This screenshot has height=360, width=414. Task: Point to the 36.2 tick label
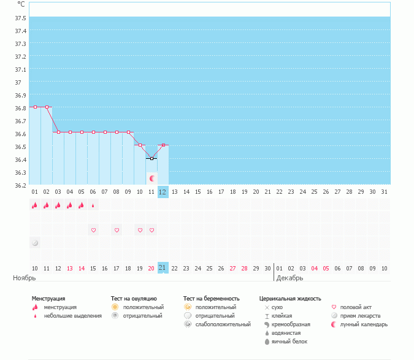[x=20, y=185]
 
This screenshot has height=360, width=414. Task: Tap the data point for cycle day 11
[x=151, y=158]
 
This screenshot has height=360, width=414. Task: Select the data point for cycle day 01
[x=35, y=107]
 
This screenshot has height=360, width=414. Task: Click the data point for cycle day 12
[x=163, y=145]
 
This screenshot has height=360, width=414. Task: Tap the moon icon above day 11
[x=151, y=178]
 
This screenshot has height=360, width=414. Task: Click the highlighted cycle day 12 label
[x=163, y=192]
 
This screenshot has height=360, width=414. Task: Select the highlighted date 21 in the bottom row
[x=163, y=267]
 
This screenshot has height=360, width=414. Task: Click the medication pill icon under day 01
[x=35, y=243]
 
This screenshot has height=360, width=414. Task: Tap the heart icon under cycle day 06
[x=93, y=230]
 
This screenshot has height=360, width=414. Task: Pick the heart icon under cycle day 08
[x=117, y=230]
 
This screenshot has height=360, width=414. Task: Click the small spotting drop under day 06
[x=93, y=205]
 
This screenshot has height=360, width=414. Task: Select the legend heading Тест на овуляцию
[x=134, y=299]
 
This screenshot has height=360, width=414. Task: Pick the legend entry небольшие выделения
[x=73, y=316]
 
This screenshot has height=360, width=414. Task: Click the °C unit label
[x=21, y=4]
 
